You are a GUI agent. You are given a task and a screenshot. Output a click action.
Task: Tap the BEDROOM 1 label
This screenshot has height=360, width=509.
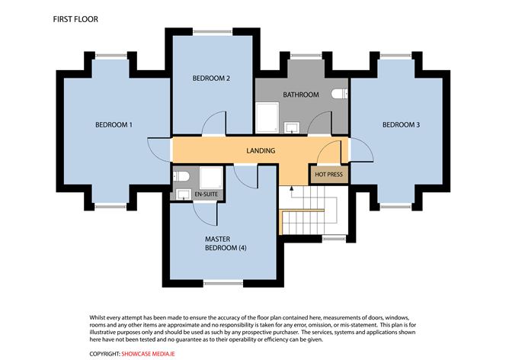point(114,124)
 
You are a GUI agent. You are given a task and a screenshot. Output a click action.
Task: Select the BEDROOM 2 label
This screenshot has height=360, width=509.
point(211,78)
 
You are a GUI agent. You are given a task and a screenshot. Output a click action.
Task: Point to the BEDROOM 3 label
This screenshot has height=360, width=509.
point(401,124)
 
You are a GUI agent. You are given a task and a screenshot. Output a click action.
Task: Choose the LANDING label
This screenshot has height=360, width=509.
point(260,150)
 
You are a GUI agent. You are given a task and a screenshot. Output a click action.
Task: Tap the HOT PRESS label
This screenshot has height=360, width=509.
point(329,175)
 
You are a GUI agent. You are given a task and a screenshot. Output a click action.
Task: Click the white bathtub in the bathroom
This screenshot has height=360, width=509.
point(267,118)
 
